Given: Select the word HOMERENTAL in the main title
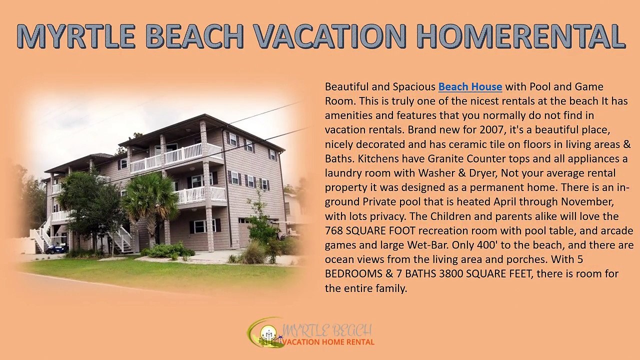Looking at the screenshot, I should [520, 36].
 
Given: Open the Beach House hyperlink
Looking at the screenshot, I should [470, 87].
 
